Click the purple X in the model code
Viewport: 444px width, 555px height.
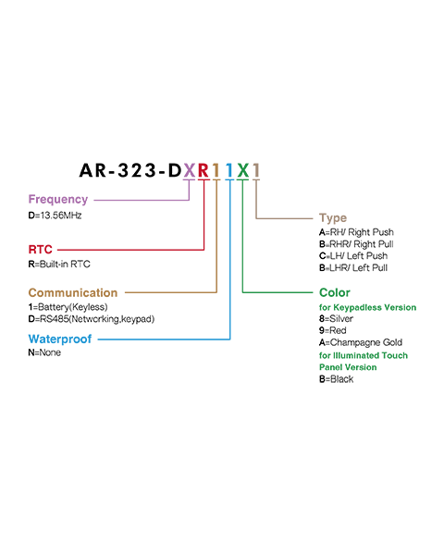pyautogui.click(x=190, y=170)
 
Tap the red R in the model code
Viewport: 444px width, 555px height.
pyautogui.click(x=203, y=170)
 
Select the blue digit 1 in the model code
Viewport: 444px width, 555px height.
pyautogui.click(x=229, y=170)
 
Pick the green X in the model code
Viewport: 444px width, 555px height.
pyautogui.click(x=243, y=170)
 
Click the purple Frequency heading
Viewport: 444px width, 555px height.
pyautogui.click(x=58, y=200)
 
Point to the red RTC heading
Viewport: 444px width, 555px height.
pyautogui.click(x=41, y=250)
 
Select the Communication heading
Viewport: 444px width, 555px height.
pyautogui.click(x=73, y=292)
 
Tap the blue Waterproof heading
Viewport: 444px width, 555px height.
pyautogui.click(x=60, y=339)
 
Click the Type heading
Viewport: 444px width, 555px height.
pyautogui.click(x=333, y=218)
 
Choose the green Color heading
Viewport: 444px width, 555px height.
pyautogui.click(x=335, y=292)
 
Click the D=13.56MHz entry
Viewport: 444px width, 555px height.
pyautogui.click(x=55, y=216)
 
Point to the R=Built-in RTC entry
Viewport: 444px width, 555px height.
pyautogui.click(x=59, y=264)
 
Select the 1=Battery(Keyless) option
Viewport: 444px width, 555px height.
pyautogui.click(x=68, y=307)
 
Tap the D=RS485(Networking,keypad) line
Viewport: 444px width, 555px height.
pyautogui.click(x=92, y=319)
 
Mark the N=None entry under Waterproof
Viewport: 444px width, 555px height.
pyautogui.click(x=44, y=352)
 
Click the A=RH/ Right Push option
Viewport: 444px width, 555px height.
pyautogui.click(x=356, y=232)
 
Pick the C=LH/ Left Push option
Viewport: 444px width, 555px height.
pyautogui.click(x=353, y=255)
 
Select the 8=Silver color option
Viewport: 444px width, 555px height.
pyautogui.click(x=336, y=318)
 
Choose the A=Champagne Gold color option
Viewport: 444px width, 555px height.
pyautogui.click(x=361, y=342)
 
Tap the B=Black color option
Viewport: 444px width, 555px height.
pyautogui.click(x=336, y=379)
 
